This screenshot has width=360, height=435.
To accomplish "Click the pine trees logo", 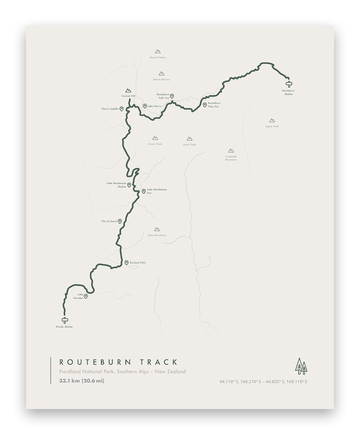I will pos(301,366).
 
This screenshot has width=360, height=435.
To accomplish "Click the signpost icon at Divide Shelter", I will pos(64,320).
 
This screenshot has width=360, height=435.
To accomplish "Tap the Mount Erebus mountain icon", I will pos(157,52).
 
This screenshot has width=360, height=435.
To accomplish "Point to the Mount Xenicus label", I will pos(161,79).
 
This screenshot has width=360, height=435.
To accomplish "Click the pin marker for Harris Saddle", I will pos(122,109).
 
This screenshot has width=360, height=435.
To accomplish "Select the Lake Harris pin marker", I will pos(145,106).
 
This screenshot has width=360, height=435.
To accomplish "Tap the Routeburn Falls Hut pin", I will pos(172,96).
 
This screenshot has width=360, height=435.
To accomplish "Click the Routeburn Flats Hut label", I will pos(214,105).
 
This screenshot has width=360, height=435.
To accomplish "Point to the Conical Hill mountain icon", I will pos(128,91).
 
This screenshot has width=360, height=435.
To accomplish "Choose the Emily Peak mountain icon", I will pos(190,139).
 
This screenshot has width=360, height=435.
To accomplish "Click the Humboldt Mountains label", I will pos(231,158).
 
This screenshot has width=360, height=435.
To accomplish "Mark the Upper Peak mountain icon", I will pos(272,121).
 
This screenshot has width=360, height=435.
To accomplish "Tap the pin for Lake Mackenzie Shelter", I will pos(129,185).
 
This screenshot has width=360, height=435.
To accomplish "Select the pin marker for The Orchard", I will pos(120,221).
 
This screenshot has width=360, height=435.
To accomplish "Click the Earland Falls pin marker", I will pos(126,263).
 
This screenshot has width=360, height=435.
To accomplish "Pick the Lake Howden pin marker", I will pos(85,296).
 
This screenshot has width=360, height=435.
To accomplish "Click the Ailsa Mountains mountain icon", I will pos(157,230).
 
